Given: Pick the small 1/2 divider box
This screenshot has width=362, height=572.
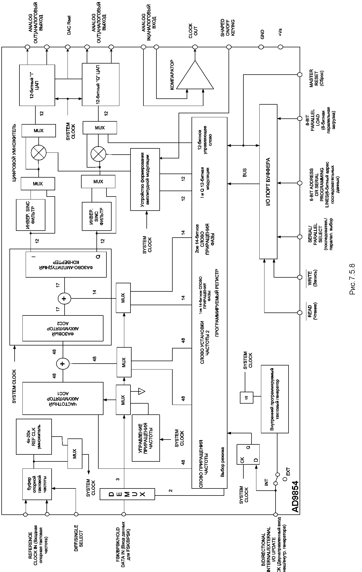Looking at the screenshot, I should click(246, 397).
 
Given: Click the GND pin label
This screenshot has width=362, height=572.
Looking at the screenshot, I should click(262, 35).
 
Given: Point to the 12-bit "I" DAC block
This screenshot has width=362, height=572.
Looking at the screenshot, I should click(37, 85).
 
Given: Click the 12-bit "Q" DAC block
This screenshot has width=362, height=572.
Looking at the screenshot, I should click(100, 84).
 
